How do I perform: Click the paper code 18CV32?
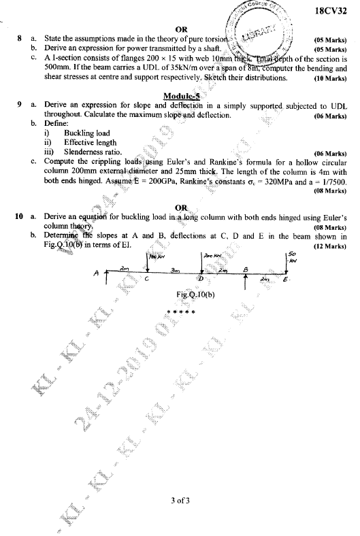333,12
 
